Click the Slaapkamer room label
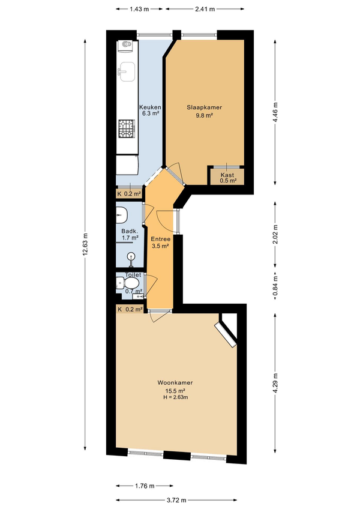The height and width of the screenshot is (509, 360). pyautogui.click(x=204, y=107)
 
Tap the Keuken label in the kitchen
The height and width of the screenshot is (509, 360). pyautogui.click(x=150, y=107)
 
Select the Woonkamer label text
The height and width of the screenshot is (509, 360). pyautogui.click(x=175, y=383)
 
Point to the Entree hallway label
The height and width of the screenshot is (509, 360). pyautogui.click(x=161, y=239)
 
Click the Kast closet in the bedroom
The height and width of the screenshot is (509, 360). pyautogui.click(x=227, y=175)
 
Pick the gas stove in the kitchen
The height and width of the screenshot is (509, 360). pyautogui.click(x=127, y=128)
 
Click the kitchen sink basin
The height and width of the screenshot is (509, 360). pyautogui.click(x=127, y=72)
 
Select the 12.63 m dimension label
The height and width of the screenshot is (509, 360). pyautogui.click(x=85, y=244)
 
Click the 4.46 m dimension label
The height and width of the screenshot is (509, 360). pyautogui.click(x=275, y=112)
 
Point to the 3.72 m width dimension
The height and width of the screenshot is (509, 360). pyautogui.click(x=177, y=500)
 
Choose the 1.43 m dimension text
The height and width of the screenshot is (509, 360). pyautogui.click(x=139, y=9)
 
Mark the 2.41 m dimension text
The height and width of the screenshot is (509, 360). pyautogui.click(x=205, y=9)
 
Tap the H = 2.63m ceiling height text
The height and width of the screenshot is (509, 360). pyautogui.click(x=176, y=397)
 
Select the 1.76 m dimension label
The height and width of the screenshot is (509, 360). pyautogui.click(x=145, y=486)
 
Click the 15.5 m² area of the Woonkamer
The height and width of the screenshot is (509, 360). pyautogui.click(x=175, y=391)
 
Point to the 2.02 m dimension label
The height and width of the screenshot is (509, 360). pyautogui.click(x=275, y=234)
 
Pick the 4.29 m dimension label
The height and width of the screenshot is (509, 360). pyautogui.click(x=275, y=384)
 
